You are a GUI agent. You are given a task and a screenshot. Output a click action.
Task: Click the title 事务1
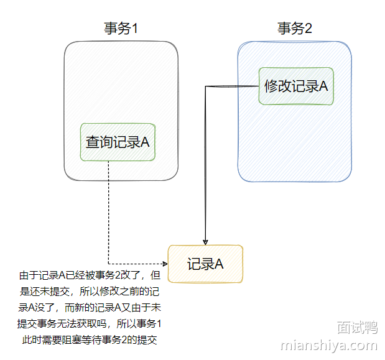coord(120,29)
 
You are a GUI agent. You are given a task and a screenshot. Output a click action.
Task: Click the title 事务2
coord(294,29)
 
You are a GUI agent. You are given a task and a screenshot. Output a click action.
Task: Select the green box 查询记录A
coord(117,142)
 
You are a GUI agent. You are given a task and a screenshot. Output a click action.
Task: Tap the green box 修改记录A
coord(296,86)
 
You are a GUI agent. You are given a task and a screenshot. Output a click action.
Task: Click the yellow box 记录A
coord(205,264)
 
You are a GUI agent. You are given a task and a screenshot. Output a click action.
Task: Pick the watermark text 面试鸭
coord(357,327)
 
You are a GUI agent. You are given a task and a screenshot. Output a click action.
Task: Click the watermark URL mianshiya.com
coord(329,345)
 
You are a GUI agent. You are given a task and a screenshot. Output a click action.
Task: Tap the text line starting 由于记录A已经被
coord(90,275)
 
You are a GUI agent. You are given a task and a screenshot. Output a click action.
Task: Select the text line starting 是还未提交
coord(90,291)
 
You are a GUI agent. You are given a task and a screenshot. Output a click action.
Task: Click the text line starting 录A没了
coord(90,307)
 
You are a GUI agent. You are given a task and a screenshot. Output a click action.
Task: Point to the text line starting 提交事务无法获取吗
coord(90,323)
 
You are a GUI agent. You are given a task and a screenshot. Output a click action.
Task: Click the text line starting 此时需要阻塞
coord(90,339)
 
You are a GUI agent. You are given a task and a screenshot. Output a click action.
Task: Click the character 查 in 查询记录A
coord(91,142)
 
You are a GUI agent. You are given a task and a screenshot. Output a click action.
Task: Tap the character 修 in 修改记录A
coord(271,86)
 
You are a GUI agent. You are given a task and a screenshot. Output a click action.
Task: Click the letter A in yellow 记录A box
coord(219,264)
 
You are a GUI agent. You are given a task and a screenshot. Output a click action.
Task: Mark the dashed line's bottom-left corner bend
coord(109,264)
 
